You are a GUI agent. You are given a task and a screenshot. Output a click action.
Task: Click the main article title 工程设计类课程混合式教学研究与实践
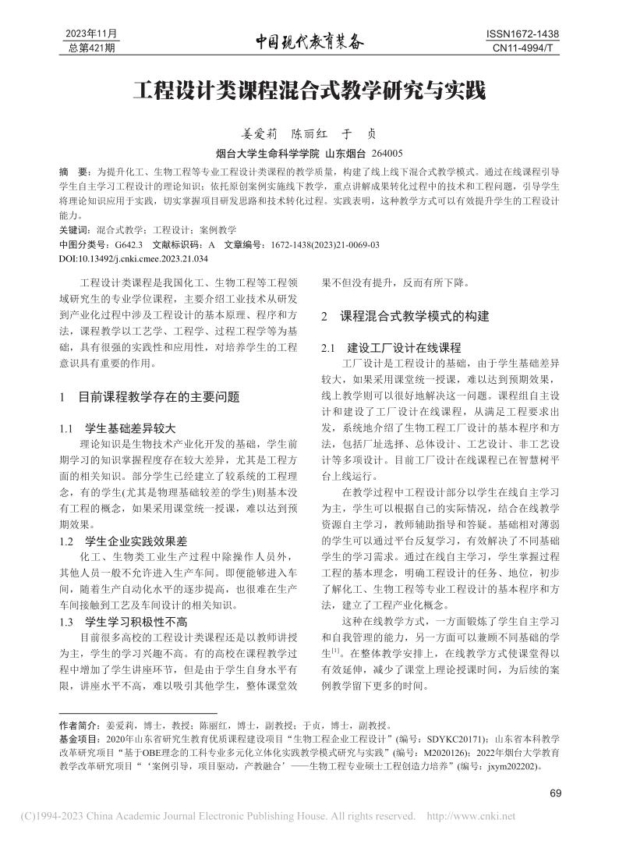click(309, 90)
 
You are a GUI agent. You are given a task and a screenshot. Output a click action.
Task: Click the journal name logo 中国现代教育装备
click(309, 43)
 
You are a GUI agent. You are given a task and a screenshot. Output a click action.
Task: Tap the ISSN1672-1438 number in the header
click(522, 35)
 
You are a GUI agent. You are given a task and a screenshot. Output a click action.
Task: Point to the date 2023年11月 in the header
click(92, 35)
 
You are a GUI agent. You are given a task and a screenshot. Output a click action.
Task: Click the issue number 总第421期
click(92, 49)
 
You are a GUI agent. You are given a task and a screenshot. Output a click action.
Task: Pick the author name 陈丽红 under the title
click(313, 133)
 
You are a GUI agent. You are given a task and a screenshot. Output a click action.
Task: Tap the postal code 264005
click(388, 154)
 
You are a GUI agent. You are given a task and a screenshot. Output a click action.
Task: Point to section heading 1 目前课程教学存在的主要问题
click(150, 396)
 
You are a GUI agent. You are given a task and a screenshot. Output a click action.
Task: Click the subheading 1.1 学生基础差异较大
click(118, 428)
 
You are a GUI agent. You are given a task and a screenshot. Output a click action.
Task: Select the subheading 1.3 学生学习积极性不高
click(123, 623)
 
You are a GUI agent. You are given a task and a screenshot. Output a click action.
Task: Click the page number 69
click(555, 793)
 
